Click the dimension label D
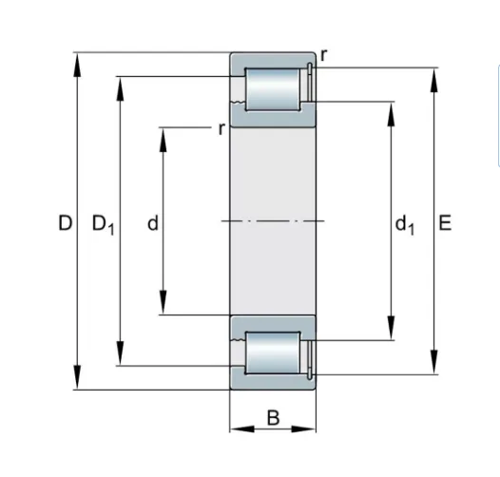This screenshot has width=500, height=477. coord(66,222)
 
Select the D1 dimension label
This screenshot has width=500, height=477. coord(103,224)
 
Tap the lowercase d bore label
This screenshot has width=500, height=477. coord(153,222)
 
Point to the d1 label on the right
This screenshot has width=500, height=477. coord(405,224)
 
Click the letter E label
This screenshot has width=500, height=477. coord(445,222)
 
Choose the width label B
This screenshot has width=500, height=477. coord(273,418)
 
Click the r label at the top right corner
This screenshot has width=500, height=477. coord(323,55)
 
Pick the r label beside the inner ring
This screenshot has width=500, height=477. coord(221,129)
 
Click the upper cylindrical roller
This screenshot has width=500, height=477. coord(273,89)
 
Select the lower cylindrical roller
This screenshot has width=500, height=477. coord(273,353)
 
